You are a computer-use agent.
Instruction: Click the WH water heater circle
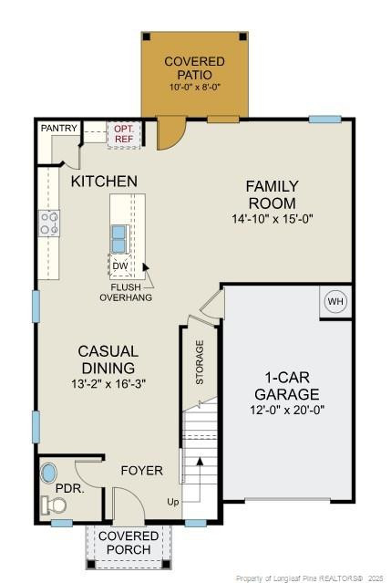point(335,302)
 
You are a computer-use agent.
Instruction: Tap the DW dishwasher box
point(120,266)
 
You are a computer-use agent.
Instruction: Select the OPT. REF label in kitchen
point(122,135)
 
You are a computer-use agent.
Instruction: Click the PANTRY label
point(58,129)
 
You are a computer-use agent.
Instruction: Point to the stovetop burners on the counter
point(49,222)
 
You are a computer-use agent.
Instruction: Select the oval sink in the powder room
point(48,474)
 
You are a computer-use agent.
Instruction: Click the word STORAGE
point(200,362)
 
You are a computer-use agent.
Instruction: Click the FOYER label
point(142,471)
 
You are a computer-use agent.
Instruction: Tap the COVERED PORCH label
point(129,542)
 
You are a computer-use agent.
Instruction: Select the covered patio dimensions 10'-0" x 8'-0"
point(195,88)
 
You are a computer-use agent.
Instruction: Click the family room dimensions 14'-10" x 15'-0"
point(272,219)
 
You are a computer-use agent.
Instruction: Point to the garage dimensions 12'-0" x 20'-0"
point(286,410)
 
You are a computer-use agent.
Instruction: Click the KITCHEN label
point(104,182)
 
